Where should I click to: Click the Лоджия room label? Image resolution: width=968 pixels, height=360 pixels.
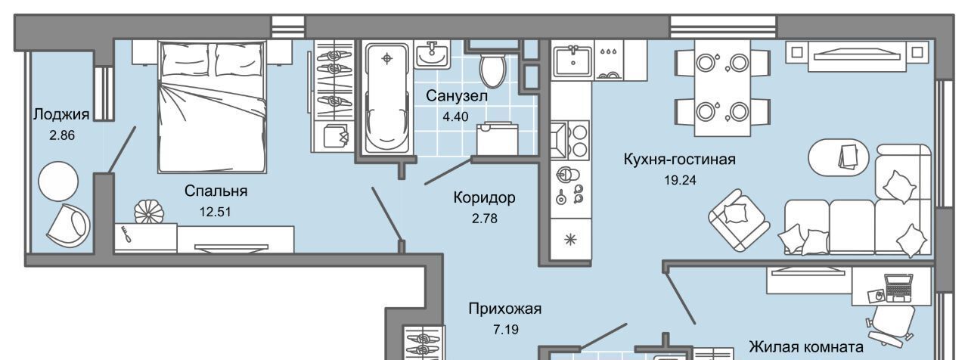click(x=61, y=114)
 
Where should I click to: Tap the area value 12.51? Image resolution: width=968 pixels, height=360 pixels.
click(x=216, y=212)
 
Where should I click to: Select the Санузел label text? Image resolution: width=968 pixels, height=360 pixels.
click(x=457, y=95)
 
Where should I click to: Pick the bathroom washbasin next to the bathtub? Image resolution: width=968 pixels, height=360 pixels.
click(x=432, y=54)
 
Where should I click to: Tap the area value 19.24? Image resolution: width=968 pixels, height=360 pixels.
click(x=680, y=180)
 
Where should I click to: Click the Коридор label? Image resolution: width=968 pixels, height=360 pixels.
click(x=485, y=197)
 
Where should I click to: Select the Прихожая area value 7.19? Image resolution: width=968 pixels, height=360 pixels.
click(x=506, y=330)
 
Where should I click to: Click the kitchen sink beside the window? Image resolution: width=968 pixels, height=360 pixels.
click(x=573, y=61)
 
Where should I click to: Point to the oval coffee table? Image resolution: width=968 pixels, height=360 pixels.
click(x=839, y=157)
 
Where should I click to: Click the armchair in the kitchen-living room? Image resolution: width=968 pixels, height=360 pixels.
click(x=739, y=219)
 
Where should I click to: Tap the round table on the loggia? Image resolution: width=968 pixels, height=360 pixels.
click(x=58, y=181)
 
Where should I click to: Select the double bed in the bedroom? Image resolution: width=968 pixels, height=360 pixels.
click(x=212, y=107)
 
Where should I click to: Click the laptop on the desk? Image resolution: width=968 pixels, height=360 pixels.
click(x=898, y=287)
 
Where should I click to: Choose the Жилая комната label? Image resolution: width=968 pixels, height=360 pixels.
click(x=806, y=346)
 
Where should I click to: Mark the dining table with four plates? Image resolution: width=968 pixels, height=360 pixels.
click(x=722, y=88)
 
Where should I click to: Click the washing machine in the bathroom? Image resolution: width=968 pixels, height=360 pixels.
click(x=497, y=138)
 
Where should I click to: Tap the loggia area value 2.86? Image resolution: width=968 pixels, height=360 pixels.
click(x=62, y=135)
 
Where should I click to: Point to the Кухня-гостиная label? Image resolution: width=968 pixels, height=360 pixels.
click(x=679, y=160)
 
